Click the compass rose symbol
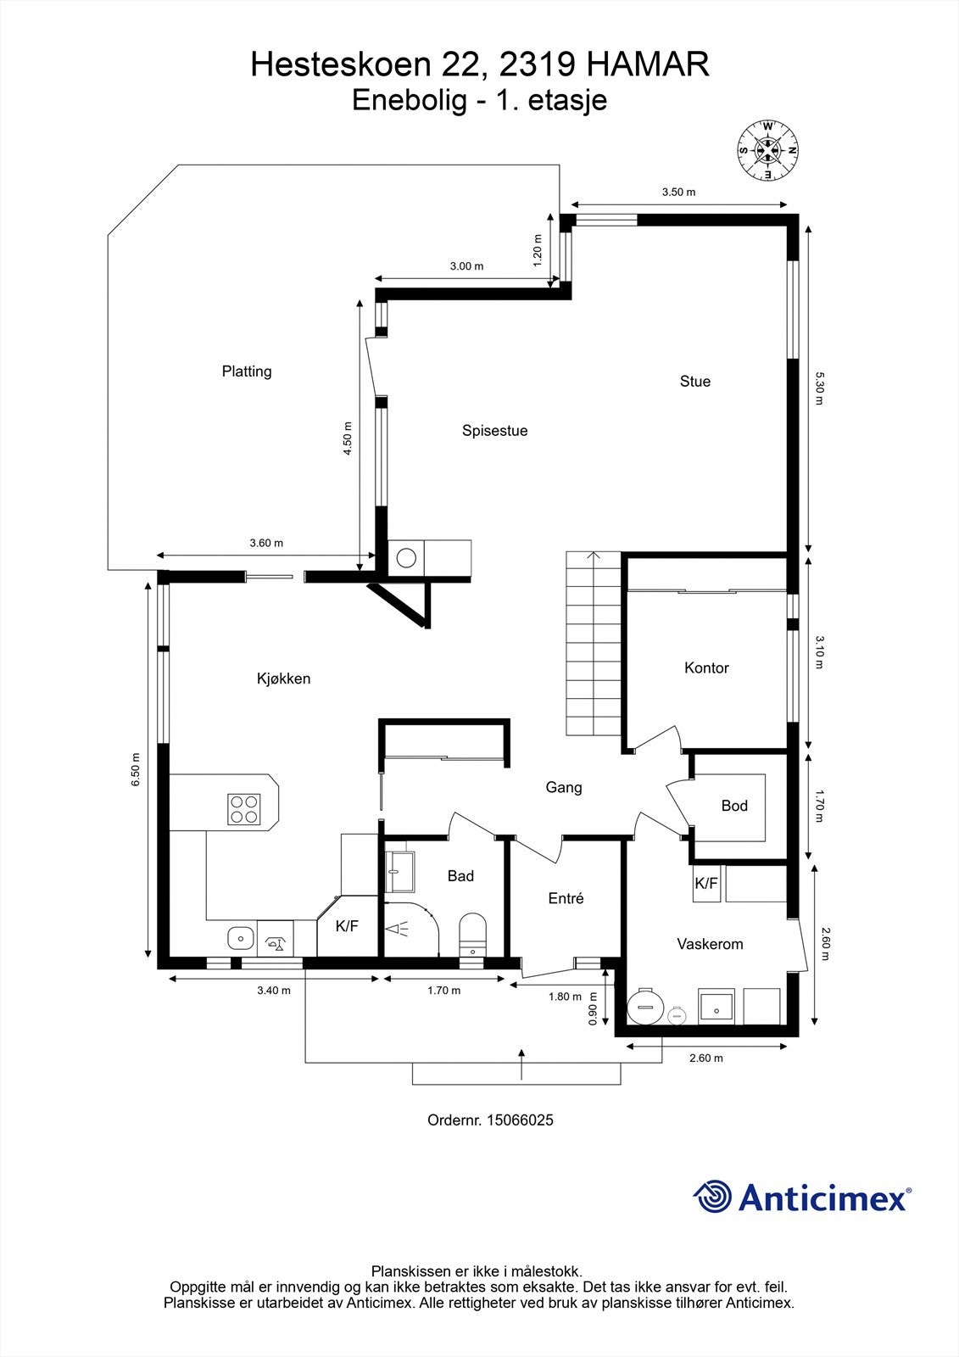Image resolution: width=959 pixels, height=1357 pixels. [x=767, y=150]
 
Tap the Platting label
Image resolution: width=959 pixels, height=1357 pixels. [x=247, y=371]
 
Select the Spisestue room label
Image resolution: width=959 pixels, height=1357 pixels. [x=494, y=431]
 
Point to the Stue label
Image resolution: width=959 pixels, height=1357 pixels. [x=694, y=381]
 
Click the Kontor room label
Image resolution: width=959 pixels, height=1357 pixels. [x=706, y=667]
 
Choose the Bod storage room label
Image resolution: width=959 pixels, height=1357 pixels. [x=734, y=806]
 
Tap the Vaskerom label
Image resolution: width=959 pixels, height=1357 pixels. [x=710, y=944]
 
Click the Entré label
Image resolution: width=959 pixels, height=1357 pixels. [x=566, y=898]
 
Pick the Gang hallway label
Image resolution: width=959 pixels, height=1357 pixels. [x=563, y=788]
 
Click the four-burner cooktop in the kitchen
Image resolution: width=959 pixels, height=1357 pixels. [x=244, y=809]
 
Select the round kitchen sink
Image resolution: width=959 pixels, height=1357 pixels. [x=241, y=939]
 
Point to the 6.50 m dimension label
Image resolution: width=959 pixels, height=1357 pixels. [x=135, y=769]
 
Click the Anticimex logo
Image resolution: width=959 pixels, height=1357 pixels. [x=802, y=1198]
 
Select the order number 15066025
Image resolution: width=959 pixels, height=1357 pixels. [x=516, y=1120]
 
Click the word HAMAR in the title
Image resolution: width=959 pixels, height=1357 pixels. [x=648, y=64]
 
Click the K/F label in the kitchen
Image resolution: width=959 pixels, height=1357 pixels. [x=347, y=925]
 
